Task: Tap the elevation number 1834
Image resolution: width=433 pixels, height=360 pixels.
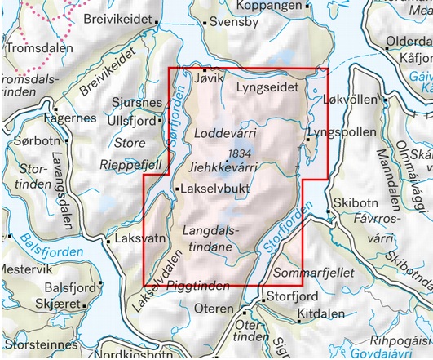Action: [241, 153]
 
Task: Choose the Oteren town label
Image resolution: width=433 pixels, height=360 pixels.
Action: [216, 309]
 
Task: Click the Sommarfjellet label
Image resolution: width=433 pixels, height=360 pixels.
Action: [312, 272]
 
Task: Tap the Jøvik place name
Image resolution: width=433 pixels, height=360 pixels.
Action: [209, 77]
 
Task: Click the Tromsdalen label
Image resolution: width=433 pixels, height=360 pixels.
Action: [37, 49]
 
